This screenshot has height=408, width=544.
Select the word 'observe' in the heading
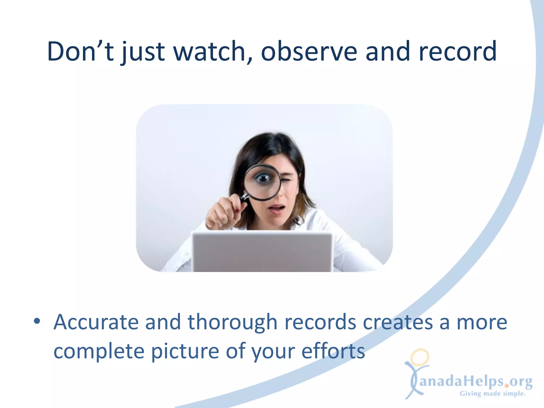click(x=309, y=51)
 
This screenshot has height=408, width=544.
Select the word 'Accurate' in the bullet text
click(x=96, y=322)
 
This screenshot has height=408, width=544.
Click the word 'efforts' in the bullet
click(x=333, y=351)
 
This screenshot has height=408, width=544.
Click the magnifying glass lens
click(x=262, y=182)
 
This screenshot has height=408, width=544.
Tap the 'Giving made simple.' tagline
click(x=493, y=394)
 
